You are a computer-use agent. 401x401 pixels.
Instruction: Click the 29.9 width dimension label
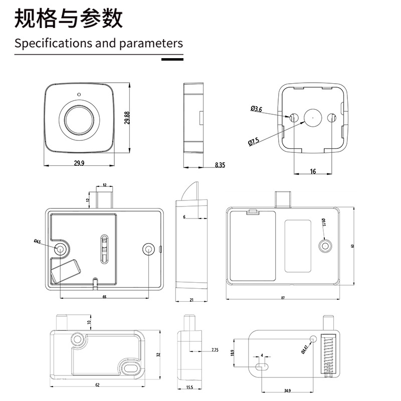click(79, 162)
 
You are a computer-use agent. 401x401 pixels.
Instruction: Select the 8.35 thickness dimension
click(220, 164)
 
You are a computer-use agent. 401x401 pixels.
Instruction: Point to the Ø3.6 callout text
click(256, 109)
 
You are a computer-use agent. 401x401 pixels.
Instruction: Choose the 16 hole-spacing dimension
click(313, 171)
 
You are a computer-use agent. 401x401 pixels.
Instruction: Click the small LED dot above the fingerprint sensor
click(79, 94)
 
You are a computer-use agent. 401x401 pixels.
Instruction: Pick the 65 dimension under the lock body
click(104, 297)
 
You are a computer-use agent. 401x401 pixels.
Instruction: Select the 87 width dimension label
click(283, 298)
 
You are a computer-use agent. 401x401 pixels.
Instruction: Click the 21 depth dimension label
click(191, 300)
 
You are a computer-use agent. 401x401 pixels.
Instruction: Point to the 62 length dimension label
click(97, 385)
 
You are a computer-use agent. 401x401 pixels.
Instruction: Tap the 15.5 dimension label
click(190, 387)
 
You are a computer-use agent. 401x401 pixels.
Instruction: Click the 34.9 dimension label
click(288, 389)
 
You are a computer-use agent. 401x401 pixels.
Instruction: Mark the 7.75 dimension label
click(215, 349)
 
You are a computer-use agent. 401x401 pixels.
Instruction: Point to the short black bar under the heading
click(172, 59)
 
